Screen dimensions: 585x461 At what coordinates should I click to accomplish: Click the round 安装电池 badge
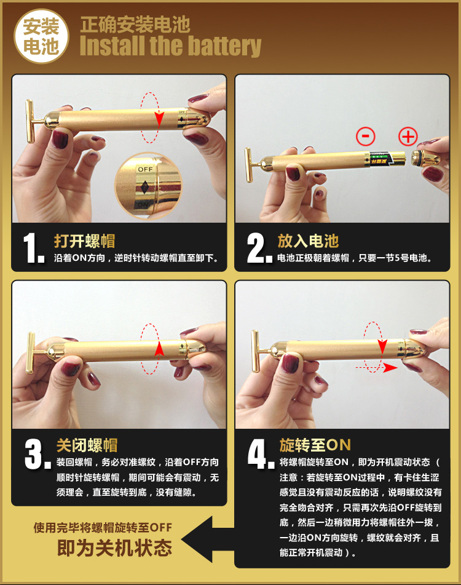41,37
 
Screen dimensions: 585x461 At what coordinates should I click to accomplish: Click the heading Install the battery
170,47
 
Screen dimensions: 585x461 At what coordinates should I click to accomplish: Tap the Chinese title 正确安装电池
135,25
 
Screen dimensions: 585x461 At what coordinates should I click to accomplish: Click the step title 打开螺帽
85,241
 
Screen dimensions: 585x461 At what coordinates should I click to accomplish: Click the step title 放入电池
308,241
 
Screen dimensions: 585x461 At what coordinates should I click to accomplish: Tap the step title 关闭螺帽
87,445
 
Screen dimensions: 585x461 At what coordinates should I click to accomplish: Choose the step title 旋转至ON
315,445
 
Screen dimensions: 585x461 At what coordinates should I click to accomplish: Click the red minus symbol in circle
366,136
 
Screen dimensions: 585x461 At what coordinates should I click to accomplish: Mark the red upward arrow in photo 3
159,349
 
